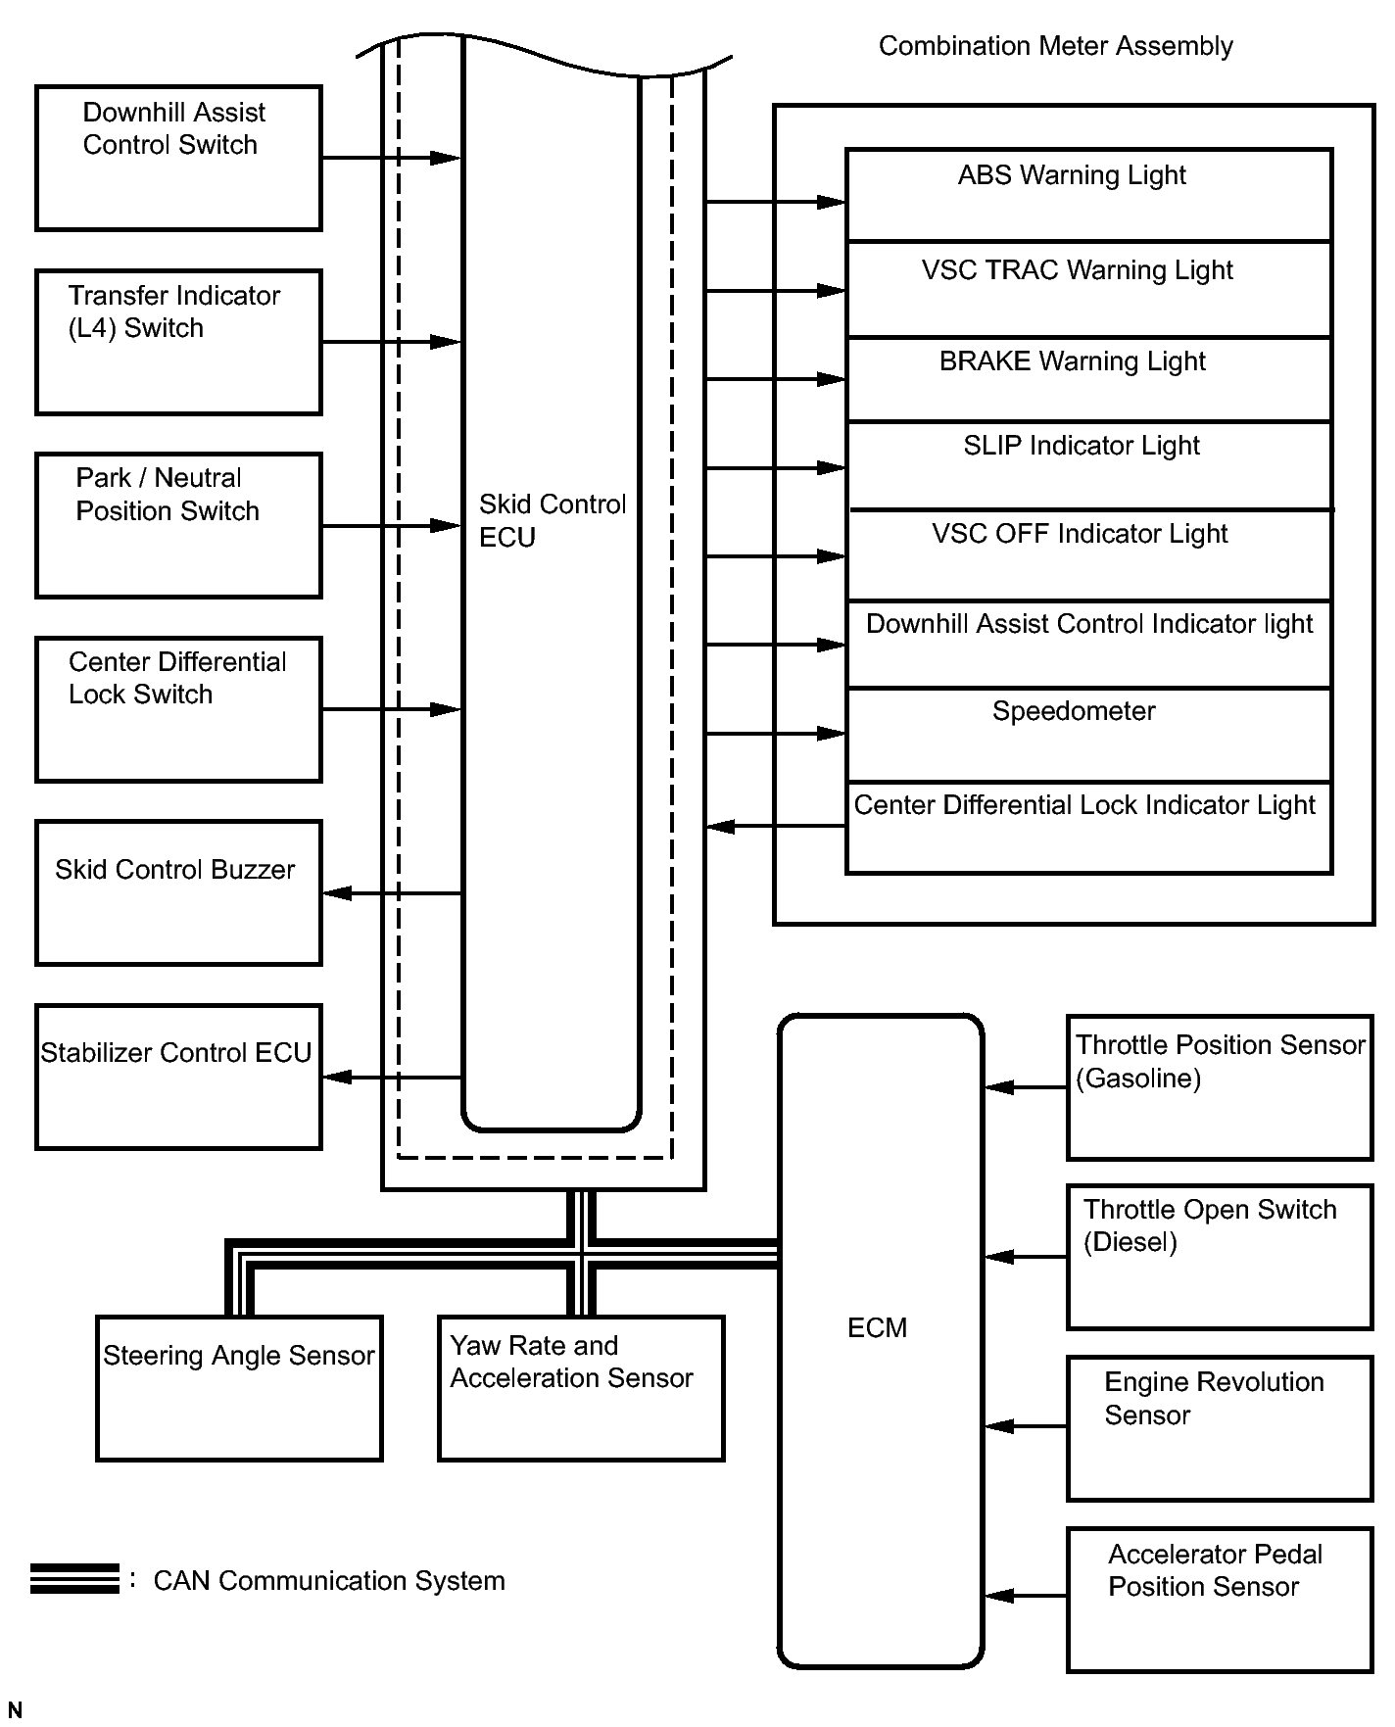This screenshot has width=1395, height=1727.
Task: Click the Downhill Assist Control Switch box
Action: [178, 158]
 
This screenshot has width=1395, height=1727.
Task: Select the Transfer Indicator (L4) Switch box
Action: [178, 342]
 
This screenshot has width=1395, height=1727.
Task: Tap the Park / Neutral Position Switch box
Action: [178, 525]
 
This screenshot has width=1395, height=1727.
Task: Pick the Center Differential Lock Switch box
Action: [178, 709]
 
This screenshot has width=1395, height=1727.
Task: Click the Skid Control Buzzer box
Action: [178, 892]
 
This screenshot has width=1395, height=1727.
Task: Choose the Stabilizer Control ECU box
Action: [178, 1077]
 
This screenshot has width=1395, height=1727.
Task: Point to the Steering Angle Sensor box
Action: [239, 1388]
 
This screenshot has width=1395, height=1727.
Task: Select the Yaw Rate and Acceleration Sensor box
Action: [581, 1388]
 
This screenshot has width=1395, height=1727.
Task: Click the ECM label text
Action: [877, 1328]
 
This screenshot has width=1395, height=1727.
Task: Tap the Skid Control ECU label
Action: [552, 520]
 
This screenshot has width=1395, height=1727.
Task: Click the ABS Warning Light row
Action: [1088, 195]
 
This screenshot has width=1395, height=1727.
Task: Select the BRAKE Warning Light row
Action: [1088, 380]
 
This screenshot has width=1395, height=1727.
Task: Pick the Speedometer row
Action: [1088, 735]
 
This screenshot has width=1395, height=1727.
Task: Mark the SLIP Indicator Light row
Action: [1088, 465]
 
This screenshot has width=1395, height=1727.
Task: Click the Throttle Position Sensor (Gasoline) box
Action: [1220, 1087]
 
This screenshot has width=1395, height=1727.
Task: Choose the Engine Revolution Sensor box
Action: [1220, 1427]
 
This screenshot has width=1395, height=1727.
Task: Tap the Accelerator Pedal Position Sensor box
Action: [1220, 1599]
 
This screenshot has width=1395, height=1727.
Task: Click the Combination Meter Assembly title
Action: [1055, 46]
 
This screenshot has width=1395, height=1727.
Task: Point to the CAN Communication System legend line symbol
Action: [74, 1579]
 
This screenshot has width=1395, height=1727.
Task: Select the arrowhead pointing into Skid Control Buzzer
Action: [337, 893]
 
